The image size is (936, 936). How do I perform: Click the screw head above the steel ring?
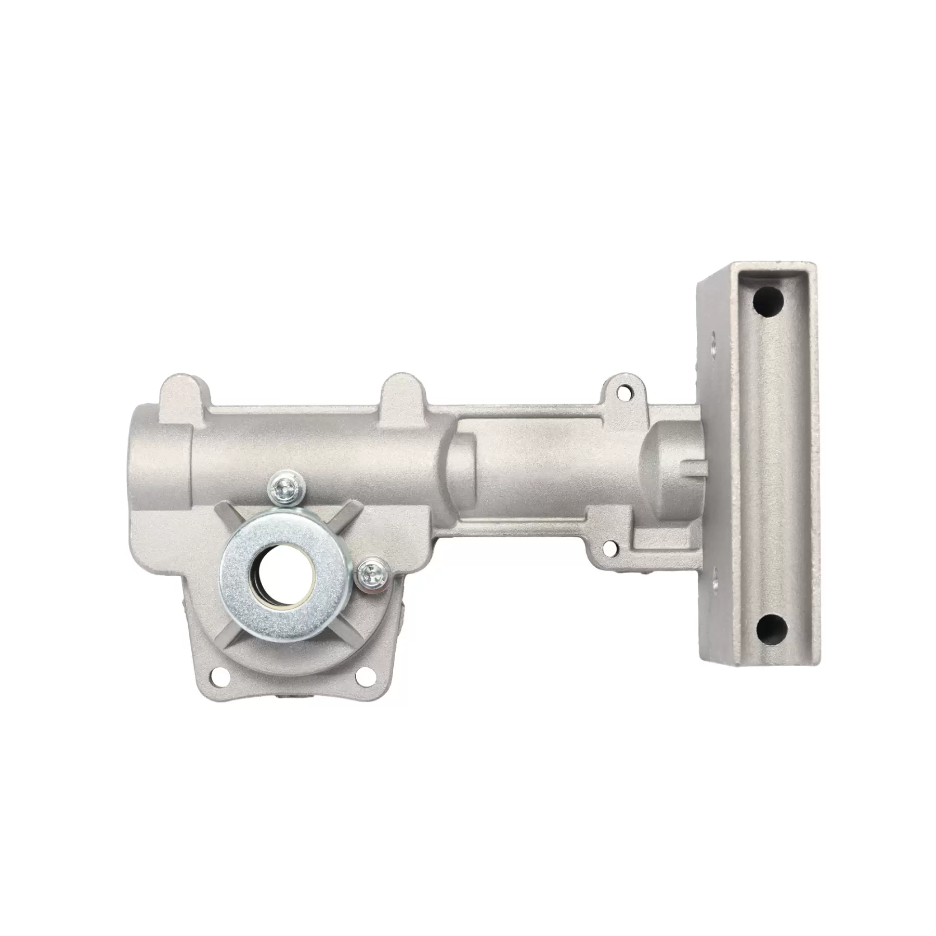tap(284, 488)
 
